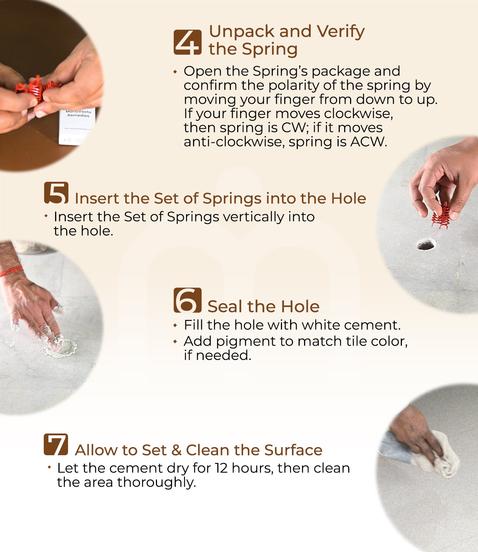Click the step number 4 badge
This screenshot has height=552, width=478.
tap(188, 42)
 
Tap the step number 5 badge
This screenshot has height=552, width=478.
tap(56, 192)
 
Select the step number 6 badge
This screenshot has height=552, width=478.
tap(188, 300)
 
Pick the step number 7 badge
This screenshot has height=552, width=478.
tap(56, 444)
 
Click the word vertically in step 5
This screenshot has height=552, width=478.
tap(254, 217)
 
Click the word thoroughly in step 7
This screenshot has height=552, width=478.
tap(156, 482)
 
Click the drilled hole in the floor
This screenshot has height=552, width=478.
tap(426, 244)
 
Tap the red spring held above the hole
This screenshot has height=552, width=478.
tap(440, 216)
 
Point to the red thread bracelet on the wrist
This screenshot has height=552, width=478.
tap(11, 271)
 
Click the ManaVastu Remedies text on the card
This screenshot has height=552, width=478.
tap(78, 113)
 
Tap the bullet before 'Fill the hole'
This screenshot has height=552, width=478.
tap(175, 325)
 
